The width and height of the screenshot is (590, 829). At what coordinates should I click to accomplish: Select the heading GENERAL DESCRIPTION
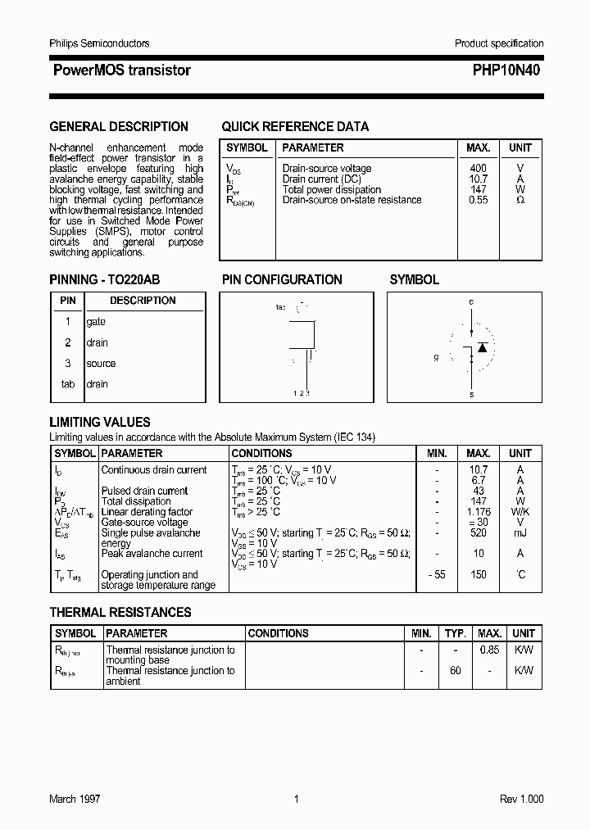tap(119, 126)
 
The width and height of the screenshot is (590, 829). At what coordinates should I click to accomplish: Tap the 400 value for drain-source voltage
tap(478, 168)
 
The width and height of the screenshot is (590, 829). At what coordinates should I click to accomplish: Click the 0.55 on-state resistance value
tap(478, 200)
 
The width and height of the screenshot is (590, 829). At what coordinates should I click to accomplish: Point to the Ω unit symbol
tap(520, 200)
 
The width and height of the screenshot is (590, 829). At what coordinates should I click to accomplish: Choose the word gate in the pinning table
tap(96, 322)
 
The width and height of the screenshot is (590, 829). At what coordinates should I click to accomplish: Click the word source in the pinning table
tap(101, 364)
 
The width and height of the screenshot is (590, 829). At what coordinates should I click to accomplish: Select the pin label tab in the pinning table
tap(68, 384)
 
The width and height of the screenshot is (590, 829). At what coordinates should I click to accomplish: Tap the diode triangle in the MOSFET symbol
tap(483, 347)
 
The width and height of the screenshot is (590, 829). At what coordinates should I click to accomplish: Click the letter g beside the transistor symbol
tap(436, 358)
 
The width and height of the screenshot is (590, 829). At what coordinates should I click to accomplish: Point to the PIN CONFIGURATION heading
tap(282, 279)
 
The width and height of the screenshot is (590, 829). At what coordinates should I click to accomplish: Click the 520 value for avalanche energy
tap(479, 532)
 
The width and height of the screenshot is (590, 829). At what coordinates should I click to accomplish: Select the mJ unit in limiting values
tap(520, 532)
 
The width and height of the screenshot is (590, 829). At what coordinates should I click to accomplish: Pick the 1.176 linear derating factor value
tap(479, 512)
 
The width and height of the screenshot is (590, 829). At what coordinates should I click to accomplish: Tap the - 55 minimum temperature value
tap(436, 575)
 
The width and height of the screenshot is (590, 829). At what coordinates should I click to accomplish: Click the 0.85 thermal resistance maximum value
tap(489, 650)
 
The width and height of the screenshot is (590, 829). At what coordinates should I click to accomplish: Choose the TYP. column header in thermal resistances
tap(455, 633)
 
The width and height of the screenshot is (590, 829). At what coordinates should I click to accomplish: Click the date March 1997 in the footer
tap(75, 799)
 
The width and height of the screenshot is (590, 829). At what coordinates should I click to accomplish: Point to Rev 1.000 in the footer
tap(521, 799)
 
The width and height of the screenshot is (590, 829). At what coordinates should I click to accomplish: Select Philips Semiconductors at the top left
tap(99, 43)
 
